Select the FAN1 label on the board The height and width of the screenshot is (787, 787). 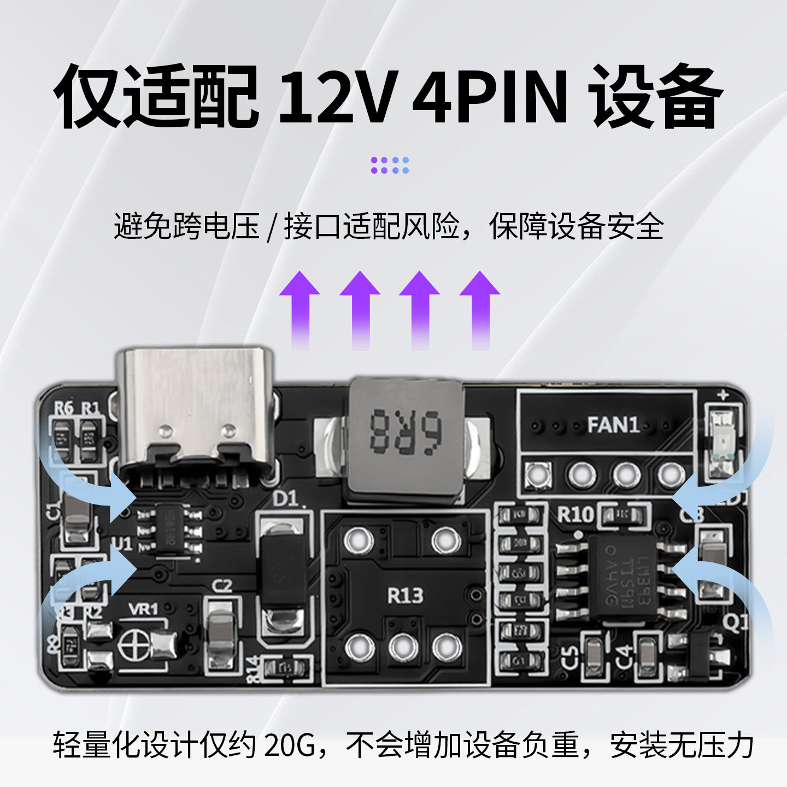[613, 425]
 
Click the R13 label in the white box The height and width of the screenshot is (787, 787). [405, 595]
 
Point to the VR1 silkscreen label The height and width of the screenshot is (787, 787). [143, 608]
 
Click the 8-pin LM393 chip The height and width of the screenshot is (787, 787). [622, 577]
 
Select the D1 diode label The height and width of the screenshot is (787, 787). [285, 498]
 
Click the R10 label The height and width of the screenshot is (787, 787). [575, 514]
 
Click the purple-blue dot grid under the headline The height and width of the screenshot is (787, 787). [390, 165]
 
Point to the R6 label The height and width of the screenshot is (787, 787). [63, 408]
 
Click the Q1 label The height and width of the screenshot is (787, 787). [735, 622]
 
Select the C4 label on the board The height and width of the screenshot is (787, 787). [624, 654]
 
